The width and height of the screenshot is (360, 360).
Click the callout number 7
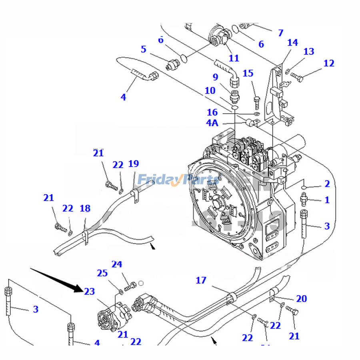tap(280, 33)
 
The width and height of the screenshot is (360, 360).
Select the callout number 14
tap(292, 42)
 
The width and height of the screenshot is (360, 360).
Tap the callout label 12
tap(329, 63)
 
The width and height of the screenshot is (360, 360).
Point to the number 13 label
tap(308, 51)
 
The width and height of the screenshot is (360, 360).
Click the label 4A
tap(212, 123)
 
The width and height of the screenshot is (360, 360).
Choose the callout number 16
tap(212, 112)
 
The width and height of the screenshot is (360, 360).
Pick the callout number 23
tap(90, 291)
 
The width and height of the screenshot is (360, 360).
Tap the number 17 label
tap(201, 280)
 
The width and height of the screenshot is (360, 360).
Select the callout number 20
tap(301, 298)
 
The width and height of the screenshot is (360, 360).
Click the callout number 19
tap(133, 164)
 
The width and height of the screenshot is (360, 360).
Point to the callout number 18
tap(85, 208)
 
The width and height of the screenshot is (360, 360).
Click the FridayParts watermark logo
tap(178, 180)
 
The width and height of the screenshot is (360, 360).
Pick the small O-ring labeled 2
tap(304, 187)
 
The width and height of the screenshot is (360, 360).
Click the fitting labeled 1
tap(304, 197)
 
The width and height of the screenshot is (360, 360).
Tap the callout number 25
tap(102, 273)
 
